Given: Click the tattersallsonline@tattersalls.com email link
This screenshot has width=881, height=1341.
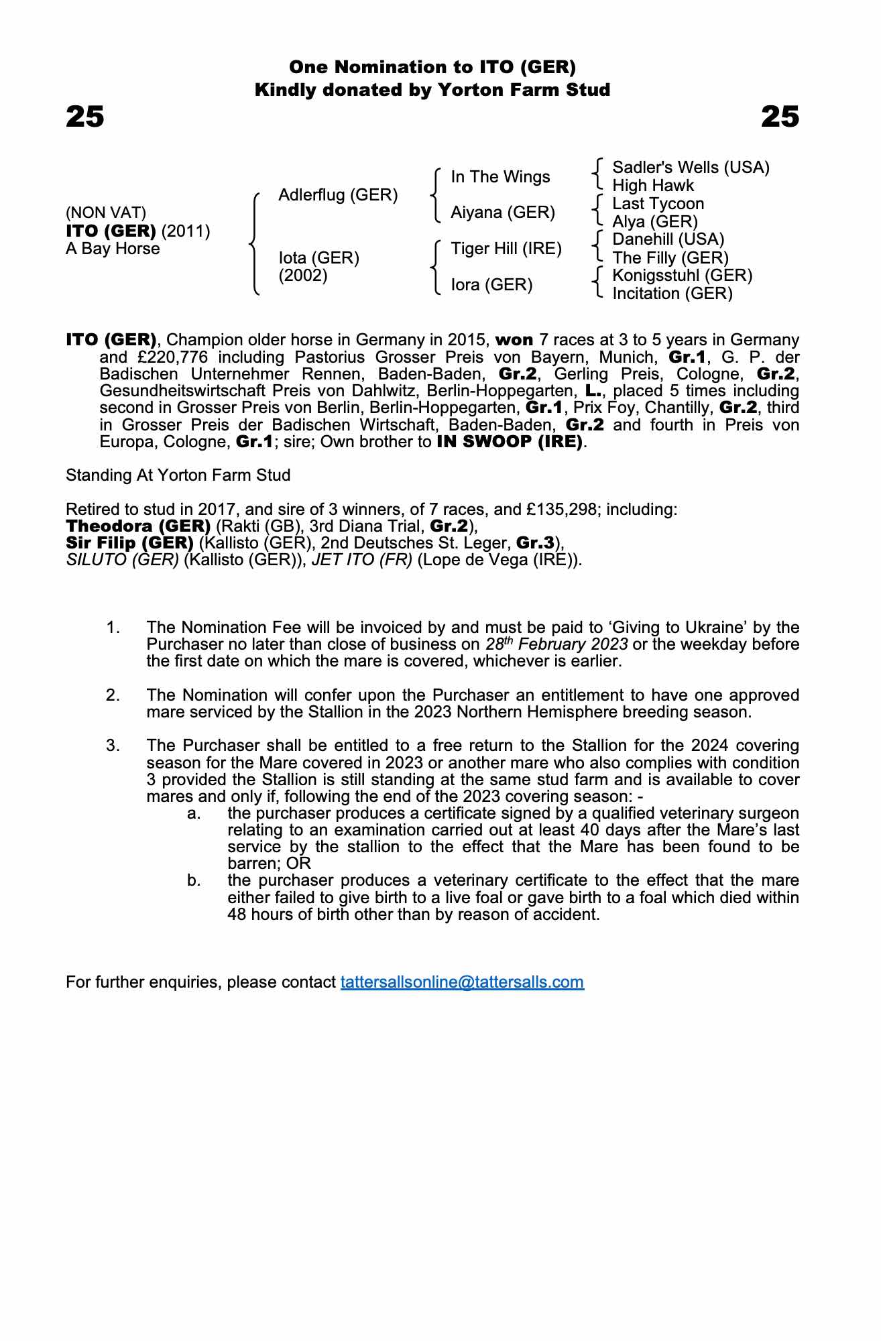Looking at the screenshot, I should pos(462,982).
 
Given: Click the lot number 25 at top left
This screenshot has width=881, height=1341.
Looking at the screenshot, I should pos(85,117).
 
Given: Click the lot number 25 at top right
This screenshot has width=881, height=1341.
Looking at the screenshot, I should pos(780,117).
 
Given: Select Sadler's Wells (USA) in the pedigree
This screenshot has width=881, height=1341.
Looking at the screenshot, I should pos(691,167).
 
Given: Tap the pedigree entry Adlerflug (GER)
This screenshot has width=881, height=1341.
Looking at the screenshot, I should pos(338,195).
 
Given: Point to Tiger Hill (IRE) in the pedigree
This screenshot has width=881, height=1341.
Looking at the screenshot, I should pos(506,249).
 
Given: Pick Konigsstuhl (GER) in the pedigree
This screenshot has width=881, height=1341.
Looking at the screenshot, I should pos(682,276).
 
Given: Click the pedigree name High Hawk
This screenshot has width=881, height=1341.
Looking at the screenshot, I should pos(653,186).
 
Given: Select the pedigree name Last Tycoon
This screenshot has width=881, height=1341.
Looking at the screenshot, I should pos(658,204).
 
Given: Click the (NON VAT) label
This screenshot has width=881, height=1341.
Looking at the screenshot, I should pos(106,213).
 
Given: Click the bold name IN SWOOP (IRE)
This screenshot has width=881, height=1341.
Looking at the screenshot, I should pos(510,442).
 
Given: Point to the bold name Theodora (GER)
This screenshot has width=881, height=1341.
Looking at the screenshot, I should pos(138,526).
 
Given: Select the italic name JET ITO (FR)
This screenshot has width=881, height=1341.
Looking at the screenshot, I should pos(362,560).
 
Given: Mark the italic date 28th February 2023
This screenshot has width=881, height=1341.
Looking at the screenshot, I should pos(556,644).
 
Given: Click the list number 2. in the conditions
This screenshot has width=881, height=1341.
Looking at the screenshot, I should pos(113,695).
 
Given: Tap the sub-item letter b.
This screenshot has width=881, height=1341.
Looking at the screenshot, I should pos(194,880).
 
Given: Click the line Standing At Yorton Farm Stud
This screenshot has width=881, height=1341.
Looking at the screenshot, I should pos(178,475).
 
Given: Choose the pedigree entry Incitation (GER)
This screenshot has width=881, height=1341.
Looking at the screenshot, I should pos(672,294).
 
